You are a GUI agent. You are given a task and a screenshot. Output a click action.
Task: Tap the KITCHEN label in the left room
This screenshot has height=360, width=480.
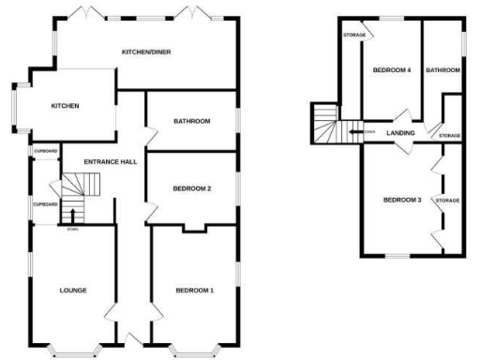[x=65, y=106]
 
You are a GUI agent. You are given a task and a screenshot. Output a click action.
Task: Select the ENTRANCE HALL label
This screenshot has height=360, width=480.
[x=110, y=162]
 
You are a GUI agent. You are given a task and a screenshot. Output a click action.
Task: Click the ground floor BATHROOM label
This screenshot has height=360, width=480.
[x=191, y=121]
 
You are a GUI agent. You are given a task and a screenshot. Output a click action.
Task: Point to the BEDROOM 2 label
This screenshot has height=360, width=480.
[x=191, y=188]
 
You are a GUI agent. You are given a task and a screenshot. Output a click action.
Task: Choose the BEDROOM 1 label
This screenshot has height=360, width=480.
[x=195, y=290]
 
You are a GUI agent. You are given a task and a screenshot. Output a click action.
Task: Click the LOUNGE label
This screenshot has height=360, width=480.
[x=73, y=290]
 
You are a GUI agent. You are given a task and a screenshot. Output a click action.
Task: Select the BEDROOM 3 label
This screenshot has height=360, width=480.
[x=401, y=200]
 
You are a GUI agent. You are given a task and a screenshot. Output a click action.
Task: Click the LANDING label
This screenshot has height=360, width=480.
[x=400, y=133]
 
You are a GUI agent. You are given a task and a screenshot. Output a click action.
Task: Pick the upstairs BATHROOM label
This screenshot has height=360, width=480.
[x=442, y=70]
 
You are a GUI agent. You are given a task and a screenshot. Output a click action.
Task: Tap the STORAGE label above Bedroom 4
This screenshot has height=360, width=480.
[x=353, y=35]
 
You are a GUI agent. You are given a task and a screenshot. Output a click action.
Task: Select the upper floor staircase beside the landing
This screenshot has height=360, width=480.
[x=327, y=123]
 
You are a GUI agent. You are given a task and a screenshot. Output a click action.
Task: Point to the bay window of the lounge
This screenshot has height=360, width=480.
[x=74, y=351]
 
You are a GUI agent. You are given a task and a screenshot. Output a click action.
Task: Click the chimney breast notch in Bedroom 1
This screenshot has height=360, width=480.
[x=195, y=227]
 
